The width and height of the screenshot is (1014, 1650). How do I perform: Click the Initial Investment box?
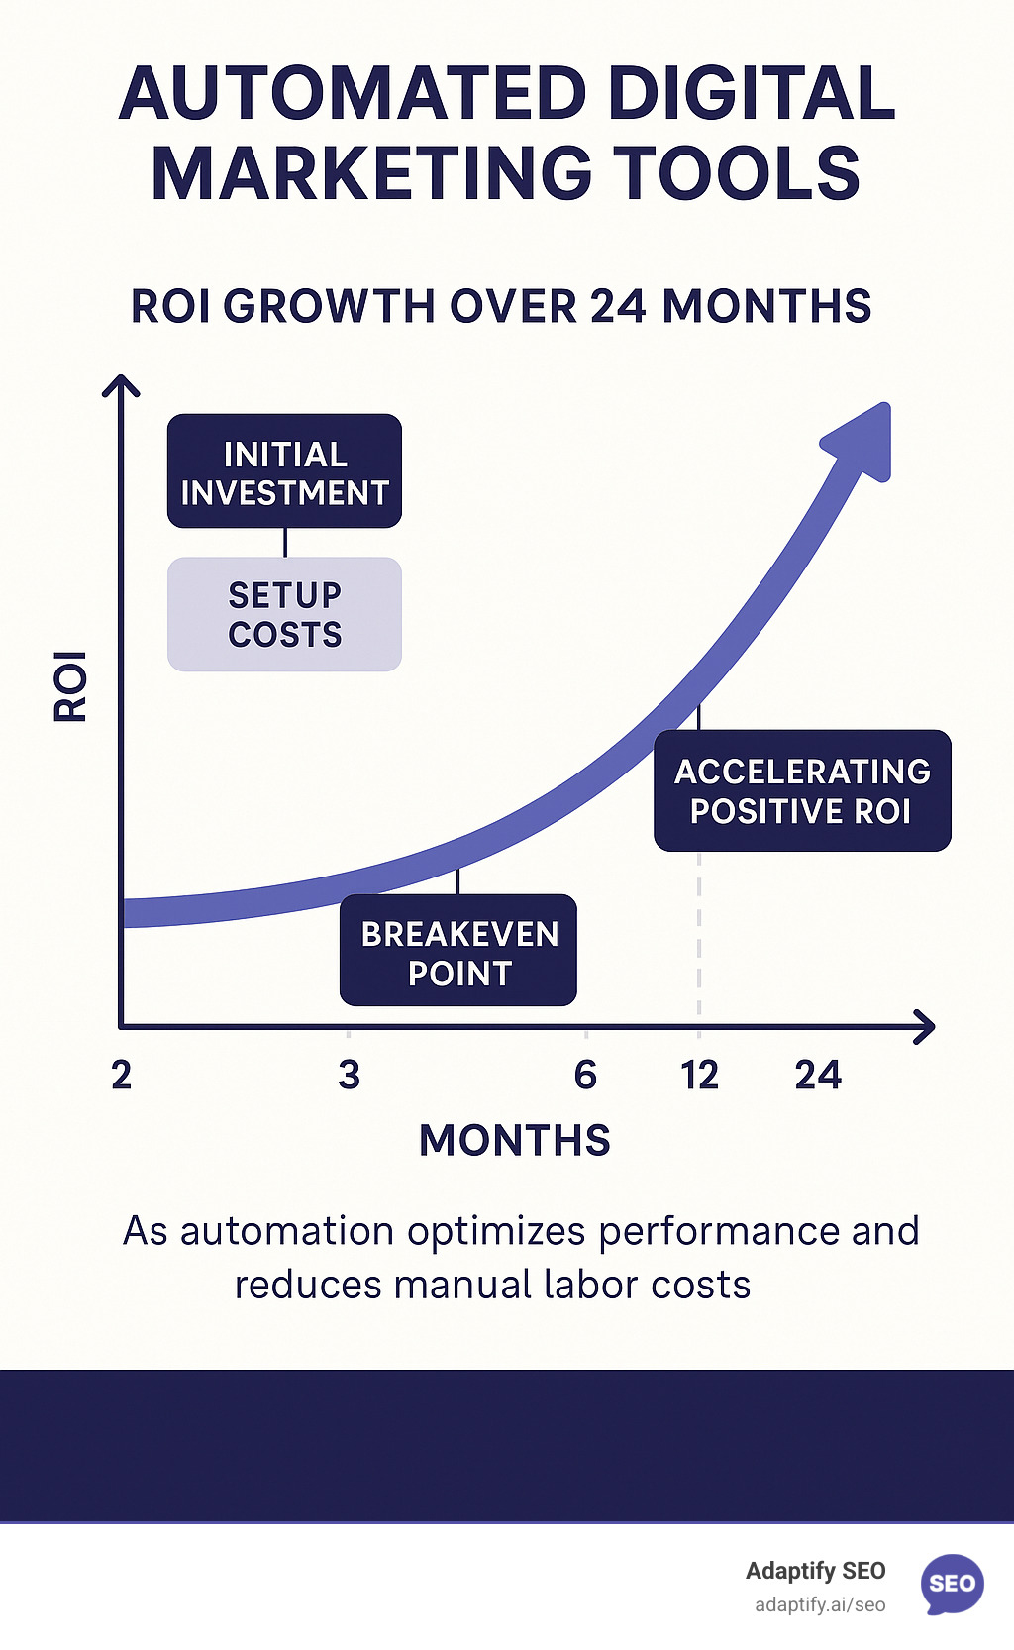pyautogui.click(x=284, y=471)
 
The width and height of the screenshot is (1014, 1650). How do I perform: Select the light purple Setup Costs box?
pyautogui.click(x=284, y=614)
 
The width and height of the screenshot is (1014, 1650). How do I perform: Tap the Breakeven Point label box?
pyautogui.click(x=458, y=951)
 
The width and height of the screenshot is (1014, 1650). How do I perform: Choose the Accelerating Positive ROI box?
pyautogui.click(x=802, y=790)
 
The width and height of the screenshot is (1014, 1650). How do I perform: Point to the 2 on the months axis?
pyautogui.click(x=121, y=1075)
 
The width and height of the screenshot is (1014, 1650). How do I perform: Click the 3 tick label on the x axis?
pyautogui.click(x=349, y=1075)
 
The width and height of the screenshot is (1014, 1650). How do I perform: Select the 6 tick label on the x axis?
pyautogui.click(x=585, y=1075)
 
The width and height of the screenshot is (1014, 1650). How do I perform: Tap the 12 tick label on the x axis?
pyautogui.click(x=699, y=1075)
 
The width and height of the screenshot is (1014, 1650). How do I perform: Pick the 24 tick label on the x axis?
pyautogui.click(x=818, y=1075)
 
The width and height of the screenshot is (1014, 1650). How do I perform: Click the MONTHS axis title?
pyautogui.click(x=514, y=1140)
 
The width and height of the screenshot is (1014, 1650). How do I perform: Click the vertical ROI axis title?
pyautogui.click(x=70, y=685)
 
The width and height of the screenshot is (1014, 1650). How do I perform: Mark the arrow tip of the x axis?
pyautogui.click(x=931, y=1027)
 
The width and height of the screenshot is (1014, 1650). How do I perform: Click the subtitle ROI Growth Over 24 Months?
pyautogui.click(x=501, y=306)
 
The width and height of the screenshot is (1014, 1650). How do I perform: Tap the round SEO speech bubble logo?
pyautogui.click(x=952, y=1583)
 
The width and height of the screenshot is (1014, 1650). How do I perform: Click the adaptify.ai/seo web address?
pyautogui.click(x=820, y=1604)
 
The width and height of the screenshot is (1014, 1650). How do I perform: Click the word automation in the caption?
pyautogui.click(x=286, y=1231)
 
